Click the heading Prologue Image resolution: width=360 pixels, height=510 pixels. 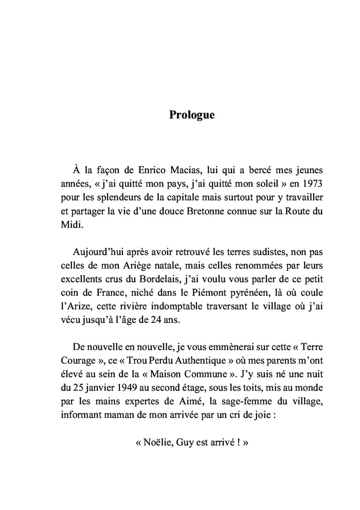coord(192,115)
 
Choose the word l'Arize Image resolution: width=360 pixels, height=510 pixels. coord(70,307)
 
